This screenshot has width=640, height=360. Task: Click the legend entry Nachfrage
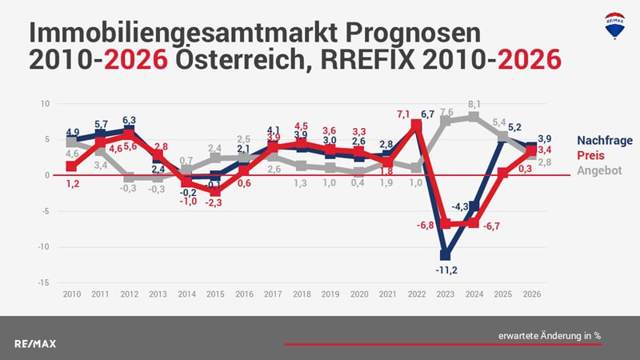tap(604, 141)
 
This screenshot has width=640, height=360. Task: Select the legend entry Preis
tap(590, 155)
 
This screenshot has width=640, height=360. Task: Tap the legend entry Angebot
tap(598, 170)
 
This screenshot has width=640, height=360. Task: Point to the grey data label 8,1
tap(474, 104)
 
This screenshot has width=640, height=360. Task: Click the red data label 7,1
tap(404, 114)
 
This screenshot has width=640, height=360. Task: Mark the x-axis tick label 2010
tap(71, 294)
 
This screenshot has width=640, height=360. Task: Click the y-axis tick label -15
tap(45, 282)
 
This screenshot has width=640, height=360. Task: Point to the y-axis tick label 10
tap(46, 103)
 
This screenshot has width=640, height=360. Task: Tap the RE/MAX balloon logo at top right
tap(614, 26)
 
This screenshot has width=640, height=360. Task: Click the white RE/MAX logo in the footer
tap(35, 343)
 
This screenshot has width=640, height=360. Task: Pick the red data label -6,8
tap(426, 225)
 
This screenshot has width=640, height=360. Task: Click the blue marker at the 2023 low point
tap(446, 255)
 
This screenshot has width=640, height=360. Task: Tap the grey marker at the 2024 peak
tap(474, 117)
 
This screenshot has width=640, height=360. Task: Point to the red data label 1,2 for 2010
tap(71, 183)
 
